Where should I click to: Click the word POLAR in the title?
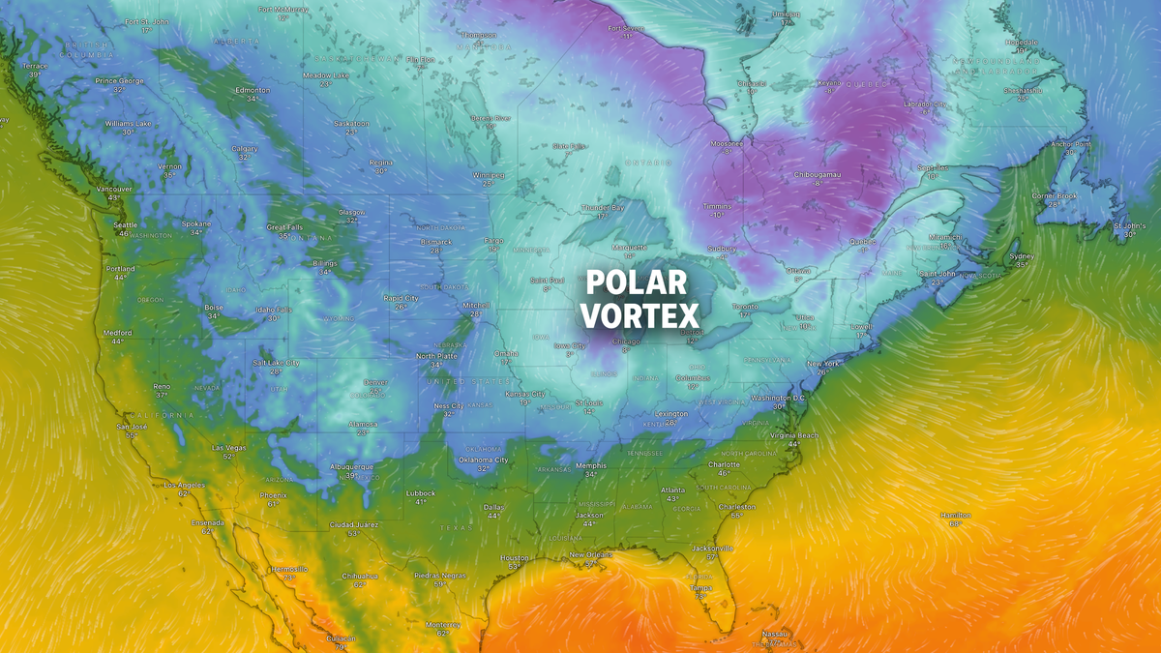[x=637, y=283]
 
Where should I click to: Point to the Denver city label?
[x=375, y=382]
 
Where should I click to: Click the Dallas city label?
[x=494, y=507]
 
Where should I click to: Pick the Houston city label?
[x=515, y=557]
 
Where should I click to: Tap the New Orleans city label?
[x=591, y=554]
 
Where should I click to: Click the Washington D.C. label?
[x=778, y=398]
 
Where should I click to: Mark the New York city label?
[x=823, y=364]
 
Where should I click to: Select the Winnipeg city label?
[x=489, y=175]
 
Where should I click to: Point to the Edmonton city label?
[x=252, y=90]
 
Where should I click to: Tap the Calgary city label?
[x=245, y=148]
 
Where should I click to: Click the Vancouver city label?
[x=114, y=189]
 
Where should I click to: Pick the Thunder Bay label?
[x=602, y=207]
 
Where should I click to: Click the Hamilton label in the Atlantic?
[x=955, y=515]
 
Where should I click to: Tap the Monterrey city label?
[x=442, y=624]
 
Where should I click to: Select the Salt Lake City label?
[x=275, y=363]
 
